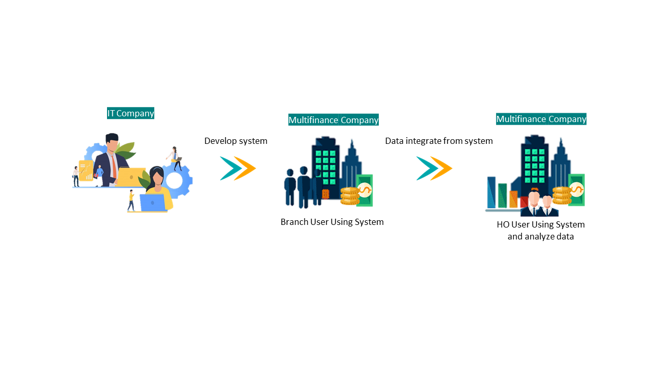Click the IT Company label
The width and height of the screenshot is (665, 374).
tap(130, 113)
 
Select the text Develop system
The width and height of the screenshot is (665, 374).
tap(236, 141)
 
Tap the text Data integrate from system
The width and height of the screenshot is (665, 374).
tap(439, 141)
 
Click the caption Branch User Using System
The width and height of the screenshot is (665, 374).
tap(332, 222)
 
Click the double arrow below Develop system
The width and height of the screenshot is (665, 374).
tap(238, 168)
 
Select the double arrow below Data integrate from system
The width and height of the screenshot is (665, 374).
tap(434, 168)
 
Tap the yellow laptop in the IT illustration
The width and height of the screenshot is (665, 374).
tap(130, 177)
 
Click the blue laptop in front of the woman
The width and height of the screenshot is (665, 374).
tap(152, 203)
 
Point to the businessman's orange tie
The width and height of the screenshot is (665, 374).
tap(114, 167)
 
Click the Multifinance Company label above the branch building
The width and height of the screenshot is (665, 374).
tap(334, 119)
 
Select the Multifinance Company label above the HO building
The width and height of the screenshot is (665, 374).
tap(541, 119)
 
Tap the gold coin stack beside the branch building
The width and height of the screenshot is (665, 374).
tap(350, 196)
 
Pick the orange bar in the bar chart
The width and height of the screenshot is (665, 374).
tap(513, 199)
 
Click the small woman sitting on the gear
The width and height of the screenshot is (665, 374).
tap(175, 158)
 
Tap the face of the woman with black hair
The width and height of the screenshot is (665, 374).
tap(157, 179)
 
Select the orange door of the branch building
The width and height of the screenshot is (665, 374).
tap(326, 194)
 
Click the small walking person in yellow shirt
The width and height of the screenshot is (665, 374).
tap(131, 201)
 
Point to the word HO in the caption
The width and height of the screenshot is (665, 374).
tap(503, 225)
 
